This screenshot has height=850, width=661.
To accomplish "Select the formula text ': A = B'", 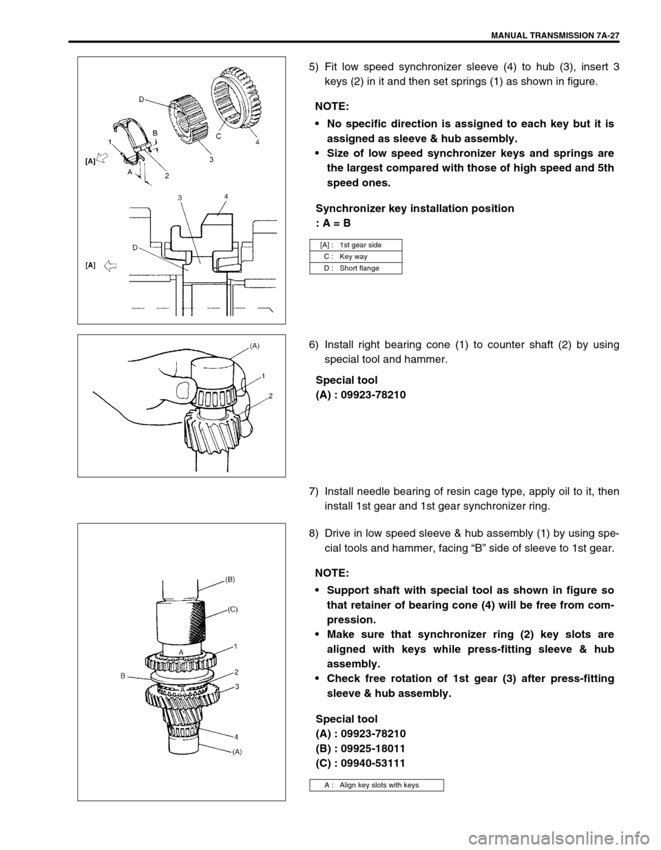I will (333, 223).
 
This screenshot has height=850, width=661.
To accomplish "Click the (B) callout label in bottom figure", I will (230, 580).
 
